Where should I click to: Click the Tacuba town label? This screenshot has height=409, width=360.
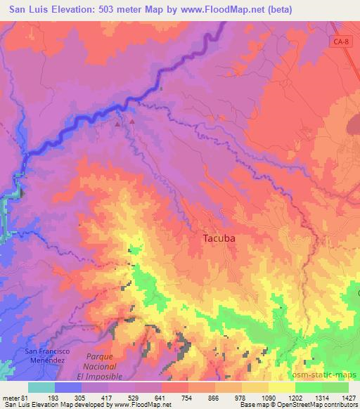tap(219, 238)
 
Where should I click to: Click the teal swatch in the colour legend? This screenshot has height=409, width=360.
tap(41, 388)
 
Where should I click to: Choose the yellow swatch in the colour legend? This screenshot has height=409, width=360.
tap(282, 388)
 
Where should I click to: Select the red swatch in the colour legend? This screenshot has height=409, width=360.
tap(175, 388)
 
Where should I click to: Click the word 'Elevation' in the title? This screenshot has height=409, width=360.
tap(75, 10)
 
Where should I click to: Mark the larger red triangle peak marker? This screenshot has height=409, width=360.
tap(131, 121)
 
